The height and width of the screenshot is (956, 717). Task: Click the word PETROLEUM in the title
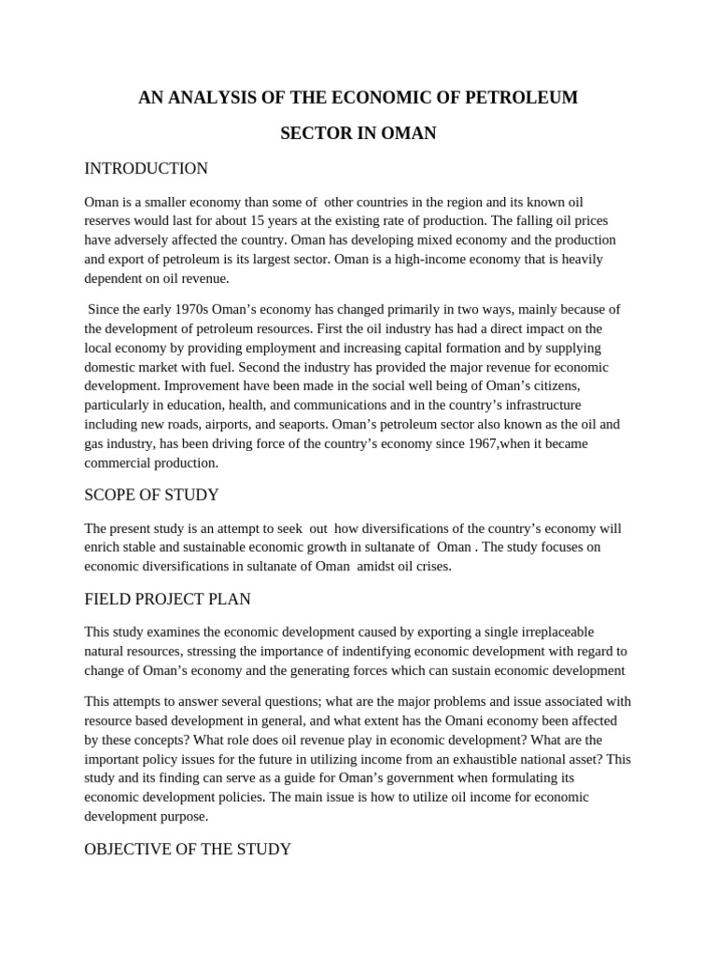[x=528, y=97]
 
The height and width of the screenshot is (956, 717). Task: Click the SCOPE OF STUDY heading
[x=151, y=495]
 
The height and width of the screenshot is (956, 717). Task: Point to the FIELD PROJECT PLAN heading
[x=167, y=598]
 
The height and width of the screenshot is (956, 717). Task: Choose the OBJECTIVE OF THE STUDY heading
[x=188, y=849]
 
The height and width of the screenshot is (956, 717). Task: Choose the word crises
[x=433, y=566]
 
